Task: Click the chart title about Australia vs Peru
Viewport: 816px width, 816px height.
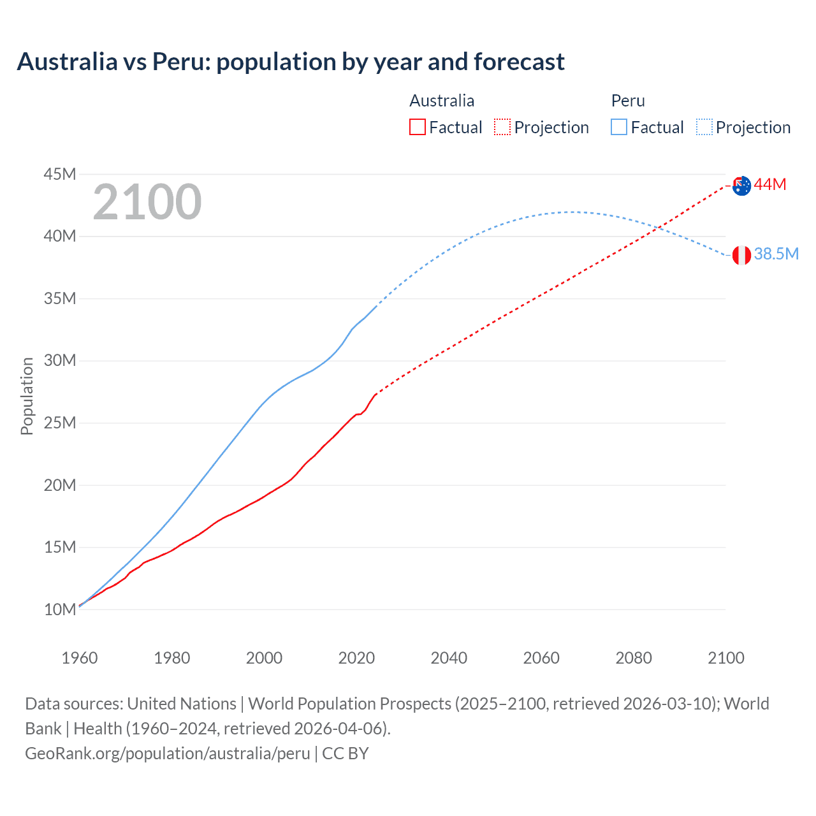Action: [x=291, y=62]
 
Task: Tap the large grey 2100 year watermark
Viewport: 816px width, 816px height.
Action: [x=147, y=202]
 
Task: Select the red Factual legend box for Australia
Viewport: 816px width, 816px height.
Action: [x=417, y=127]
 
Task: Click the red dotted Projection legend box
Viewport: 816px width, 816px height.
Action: [x=502, y=127]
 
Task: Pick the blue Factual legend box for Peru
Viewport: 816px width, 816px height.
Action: [x=618, y=127]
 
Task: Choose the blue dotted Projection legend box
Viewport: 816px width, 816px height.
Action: [x=704, y=127]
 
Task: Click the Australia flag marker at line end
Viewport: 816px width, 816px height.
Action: [x=741, y=186]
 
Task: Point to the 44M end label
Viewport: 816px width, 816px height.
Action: [x=770, y=185]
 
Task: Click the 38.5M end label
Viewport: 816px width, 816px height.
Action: [x=776, y=254]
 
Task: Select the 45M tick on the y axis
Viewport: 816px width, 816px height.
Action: [x=60, y=174]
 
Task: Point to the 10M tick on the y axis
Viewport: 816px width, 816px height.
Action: [x=60, y=609]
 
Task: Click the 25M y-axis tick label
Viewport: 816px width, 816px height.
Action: [x=60, y=423]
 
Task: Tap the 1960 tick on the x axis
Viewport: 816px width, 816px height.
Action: [x=80, y=658]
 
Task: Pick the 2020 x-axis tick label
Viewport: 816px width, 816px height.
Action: [x=356, y=658]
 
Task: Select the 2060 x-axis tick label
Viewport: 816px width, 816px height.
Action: [x=541, y=658]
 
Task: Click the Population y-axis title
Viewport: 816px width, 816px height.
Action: [x=27, y=396]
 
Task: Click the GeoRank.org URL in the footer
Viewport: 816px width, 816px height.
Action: [x=168, y=754]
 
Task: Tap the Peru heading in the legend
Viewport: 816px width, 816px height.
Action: [x=628, y=101]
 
